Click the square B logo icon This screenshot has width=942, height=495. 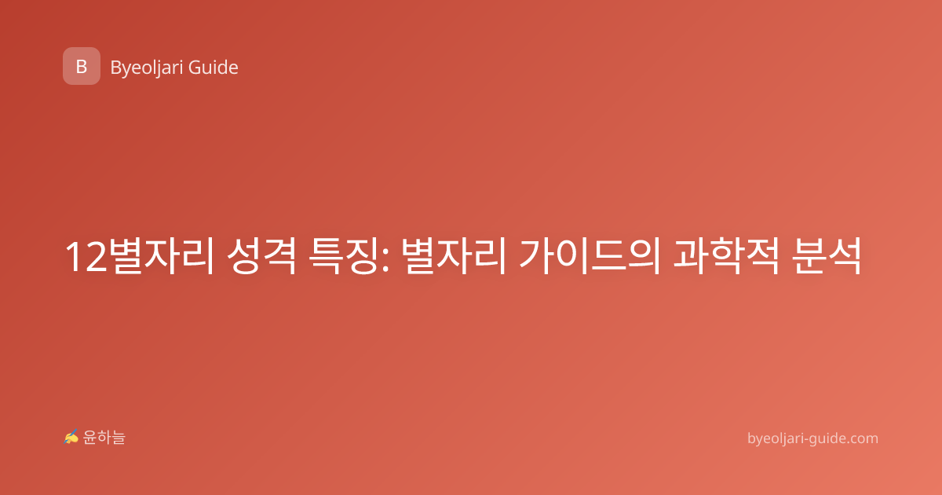pos(82,66)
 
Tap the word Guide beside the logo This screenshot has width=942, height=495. pos(214,68)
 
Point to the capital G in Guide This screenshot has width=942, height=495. pos(195,68)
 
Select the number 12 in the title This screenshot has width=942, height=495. pos(86,257)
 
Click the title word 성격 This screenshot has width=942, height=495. pos(261,256)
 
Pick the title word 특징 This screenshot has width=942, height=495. pos(343,256)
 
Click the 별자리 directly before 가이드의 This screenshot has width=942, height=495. pos(453,256)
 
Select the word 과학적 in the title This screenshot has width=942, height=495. pos(726,256)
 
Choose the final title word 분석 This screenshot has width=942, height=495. pos(826,256)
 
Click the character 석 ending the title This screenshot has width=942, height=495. pos(844,256)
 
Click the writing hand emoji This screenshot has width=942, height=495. pos(71,437)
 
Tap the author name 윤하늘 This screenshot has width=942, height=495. pos(104,438)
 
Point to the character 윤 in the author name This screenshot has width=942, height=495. pos(89,438)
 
